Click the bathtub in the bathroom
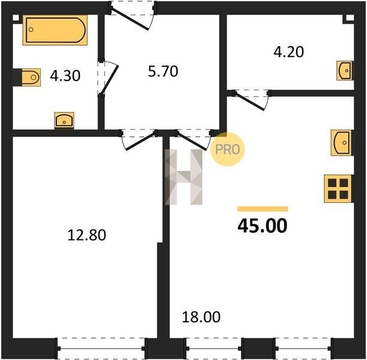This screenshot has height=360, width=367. click(x=55, y=30)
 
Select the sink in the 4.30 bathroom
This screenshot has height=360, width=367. click(x=64, y=121)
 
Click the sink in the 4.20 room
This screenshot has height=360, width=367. click(x=345, y=70)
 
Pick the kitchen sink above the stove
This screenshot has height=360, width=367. click(x=342, y=143)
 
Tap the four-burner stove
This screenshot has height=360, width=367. click(x=338, y=188)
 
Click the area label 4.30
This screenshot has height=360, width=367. click(x=65, y=76)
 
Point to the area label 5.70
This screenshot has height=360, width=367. click(x=163, y=71)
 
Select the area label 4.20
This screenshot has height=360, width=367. click(x=288, y=52)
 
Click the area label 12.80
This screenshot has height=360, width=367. click(x=86, y=235)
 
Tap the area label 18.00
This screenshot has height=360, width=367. click(x=201, y=317)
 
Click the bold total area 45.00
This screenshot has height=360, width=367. click(x=262, y=226)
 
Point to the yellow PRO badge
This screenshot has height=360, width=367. click(x=227, y=149)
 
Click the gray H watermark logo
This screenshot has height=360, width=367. click(x=184, y=177)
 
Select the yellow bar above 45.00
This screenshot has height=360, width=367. click(x=262, y=209)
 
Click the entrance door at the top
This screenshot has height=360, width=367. click(x=132, y=16)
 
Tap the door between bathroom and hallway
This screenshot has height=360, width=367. click(x=108, y=78)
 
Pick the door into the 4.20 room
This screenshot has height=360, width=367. click(x=251, y=100)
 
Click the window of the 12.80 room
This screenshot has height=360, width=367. click(x=102, y=349)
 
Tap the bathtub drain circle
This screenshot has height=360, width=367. click(x=31, y=29)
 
